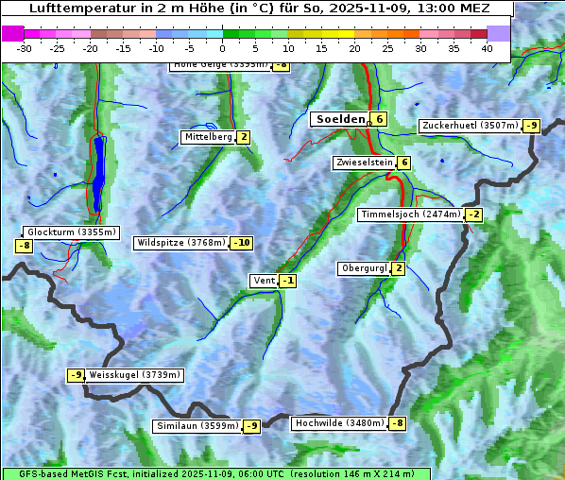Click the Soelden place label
(339, 119)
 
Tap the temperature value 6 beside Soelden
(379, 119)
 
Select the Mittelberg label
(208, 137)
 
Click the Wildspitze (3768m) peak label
(180, 243)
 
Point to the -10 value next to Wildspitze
(242, 243)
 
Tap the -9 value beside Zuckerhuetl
(532, 126)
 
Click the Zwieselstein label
(364, 163)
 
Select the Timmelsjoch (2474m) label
(411, 214)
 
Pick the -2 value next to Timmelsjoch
(473, 214)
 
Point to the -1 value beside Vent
(287, 281)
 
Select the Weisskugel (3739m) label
(134, 375)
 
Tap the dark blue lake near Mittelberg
(99, 175)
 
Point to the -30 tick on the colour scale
(25, 48)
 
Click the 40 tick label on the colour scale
(487, 48)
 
